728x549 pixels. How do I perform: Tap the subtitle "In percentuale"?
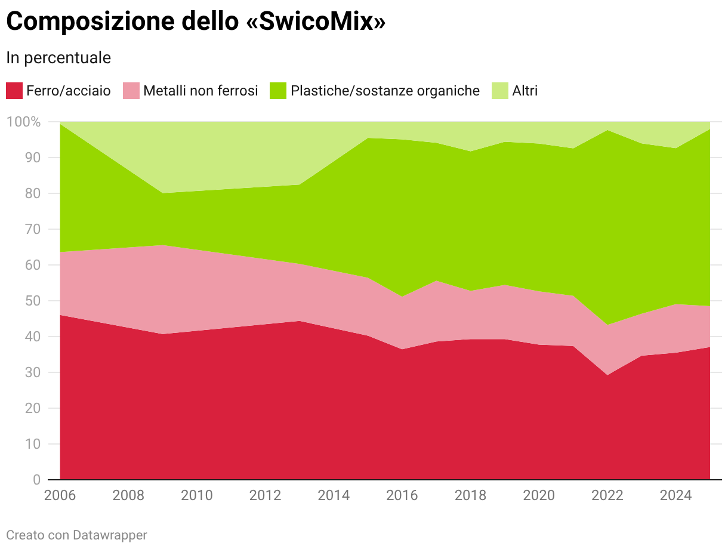(58, 58)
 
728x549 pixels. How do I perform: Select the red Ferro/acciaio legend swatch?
(14, 91)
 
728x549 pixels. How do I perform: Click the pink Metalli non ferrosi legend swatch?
(131, 91)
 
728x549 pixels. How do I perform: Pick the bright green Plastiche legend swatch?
(277, 91)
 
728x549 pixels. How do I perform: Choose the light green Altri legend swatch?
(499, 91)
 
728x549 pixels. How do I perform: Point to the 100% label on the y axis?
(23, 122)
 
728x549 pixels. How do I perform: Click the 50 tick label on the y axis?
(32, 301)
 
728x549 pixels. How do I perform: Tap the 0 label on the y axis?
(37, 479)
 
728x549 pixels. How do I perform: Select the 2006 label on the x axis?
(60, 495)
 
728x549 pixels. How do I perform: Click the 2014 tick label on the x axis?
(334, 495)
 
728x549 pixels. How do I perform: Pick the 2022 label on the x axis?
(607, 495)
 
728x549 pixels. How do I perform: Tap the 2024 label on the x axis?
(675, 495)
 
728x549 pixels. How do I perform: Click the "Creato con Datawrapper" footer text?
(76, 535)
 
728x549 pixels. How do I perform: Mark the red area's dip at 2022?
(607, 375)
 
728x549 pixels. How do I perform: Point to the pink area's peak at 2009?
(162, 245)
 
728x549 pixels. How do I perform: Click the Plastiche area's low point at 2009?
(162, 193)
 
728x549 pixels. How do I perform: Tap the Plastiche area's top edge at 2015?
(368, 138)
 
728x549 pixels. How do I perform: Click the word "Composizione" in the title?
(90, 22)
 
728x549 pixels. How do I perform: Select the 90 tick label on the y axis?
(32, 158)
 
